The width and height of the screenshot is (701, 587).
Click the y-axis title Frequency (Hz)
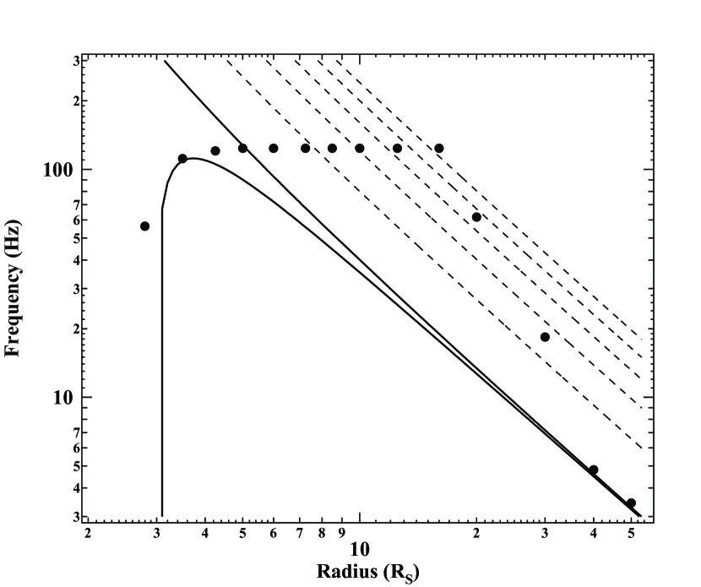pos(13,288)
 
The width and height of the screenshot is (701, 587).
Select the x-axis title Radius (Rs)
pos(367,571)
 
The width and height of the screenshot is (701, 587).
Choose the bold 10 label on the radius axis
pos(360,549)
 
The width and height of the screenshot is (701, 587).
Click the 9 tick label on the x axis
pos(340,533)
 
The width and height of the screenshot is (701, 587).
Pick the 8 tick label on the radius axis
pos(322,533)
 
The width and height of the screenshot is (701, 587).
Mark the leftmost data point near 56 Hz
pos(145,226)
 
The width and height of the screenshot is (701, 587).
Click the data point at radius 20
pos(476,217)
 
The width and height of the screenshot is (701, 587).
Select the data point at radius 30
pos(545,337)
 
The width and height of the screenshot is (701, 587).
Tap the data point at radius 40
pos(594,470)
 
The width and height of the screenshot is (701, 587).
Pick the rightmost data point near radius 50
pos(631,503)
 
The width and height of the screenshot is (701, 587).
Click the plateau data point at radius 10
pos(360,149)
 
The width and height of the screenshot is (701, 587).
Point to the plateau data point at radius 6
pos(274,149)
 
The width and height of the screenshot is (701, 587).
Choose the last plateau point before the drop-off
pos(439,149)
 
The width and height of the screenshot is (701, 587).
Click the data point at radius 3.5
pos(182,159)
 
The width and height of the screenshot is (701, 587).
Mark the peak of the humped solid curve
pos(193,158)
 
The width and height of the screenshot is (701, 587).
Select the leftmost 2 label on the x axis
pos(88,533)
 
